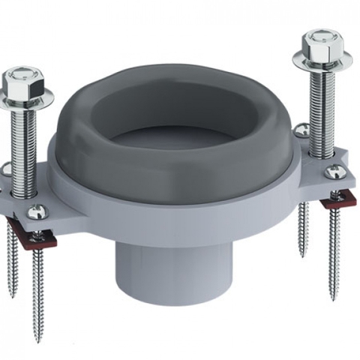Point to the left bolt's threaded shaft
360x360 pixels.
tap(26, 142)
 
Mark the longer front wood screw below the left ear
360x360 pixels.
tap(39, 285)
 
